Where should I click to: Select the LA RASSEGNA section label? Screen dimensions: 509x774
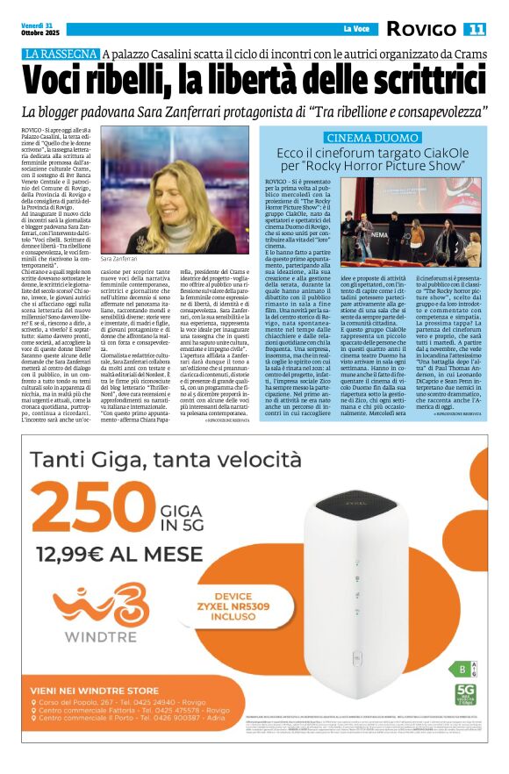click(59, 54)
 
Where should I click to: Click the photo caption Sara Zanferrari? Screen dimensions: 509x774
click(120, 260)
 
